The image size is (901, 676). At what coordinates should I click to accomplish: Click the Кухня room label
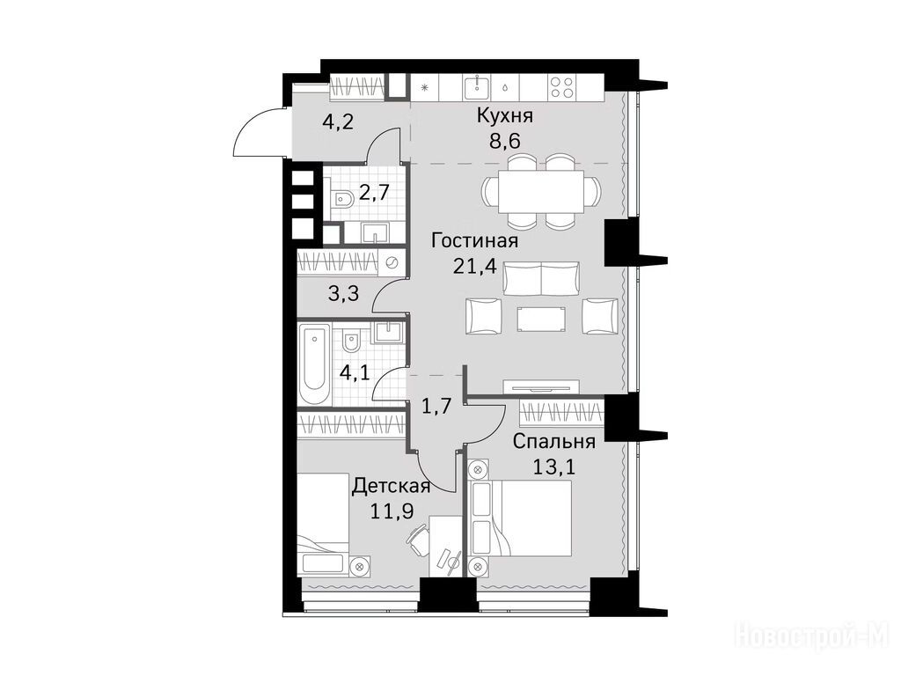pyautogui.click(x=504, y=115)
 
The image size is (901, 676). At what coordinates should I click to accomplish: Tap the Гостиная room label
pyautogui.click(x=474, y=240)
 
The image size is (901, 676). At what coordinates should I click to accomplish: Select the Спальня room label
pyautogui.click(x=553, y=442)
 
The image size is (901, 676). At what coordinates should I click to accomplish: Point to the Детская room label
pyautogui.click(x=392, y=486)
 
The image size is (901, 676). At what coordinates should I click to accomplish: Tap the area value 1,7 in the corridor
pyautogui.click(x=436, y=407)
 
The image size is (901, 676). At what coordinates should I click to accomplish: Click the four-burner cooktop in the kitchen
pyautogui.click(x=561, y=87)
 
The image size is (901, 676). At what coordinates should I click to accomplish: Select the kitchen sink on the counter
pyautogui.click(x=476, y=87)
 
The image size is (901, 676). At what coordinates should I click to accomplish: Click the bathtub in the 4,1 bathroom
pyautogui.click(x=315, y=364)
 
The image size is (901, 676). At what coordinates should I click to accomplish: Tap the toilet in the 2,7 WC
pyautogui.click(x=343, y=202)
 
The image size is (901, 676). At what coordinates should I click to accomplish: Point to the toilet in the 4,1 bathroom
pyautogui.click(x=350, y=342)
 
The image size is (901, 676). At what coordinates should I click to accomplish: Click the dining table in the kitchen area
pyautogui.click(x=541, y=191)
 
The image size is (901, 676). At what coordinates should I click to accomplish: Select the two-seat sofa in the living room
pyautogui.click(x=541, y=278)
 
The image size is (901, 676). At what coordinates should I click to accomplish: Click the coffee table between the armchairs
pyautogui.click(x=541, y=319)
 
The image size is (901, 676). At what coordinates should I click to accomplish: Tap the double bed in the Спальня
pyautogui.click(x=521, y=518)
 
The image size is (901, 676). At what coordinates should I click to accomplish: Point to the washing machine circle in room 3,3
pyautogui.click(x=392, y=262)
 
